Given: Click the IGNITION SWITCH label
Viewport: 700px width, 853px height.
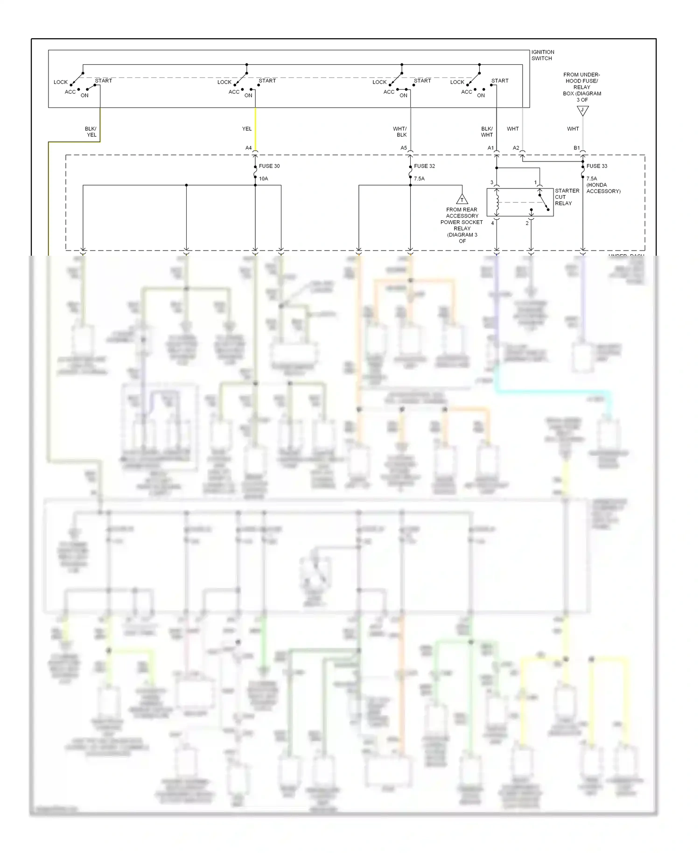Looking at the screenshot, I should click(x=542, y=55).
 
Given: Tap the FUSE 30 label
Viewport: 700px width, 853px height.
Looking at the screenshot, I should click(x=269, y=166).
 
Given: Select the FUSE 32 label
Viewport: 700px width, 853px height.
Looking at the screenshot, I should click(x=424, y=166).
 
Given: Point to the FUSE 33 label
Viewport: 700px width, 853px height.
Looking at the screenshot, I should click(x=597, y=166).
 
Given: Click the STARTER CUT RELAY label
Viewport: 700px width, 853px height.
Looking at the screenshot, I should click(x=567, y=197).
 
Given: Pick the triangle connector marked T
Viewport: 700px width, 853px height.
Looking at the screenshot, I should click(x=462, y=199).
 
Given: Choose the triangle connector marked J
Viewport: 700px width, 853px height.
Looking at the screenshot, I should click(x=582, y=111).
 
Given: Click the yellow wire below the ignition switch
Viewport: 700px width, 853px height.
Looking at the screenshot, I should click(x=255, y=128).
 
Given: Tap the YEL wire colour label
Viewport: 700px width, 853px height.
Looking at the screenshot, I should click(x=247, y=129).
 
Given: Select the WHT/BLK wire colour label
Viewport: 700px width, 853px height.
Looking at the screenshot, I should click(x=400, y=132).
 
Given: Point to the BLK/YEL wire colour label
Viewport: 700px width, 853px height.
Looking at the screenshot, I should click(x=91, y=132).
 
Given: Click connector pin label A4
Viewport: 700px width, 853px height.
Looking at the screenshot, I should click(x=248, y=148).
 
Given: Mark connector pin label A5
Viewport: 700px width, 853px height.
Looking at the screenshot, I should click(x=404, y=148).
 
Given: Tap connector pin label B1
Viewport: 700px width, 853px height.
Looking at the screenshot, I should click(x=577, y=148).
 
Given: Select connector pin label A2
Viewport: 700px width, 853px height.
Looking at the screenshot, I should click(x=516, y=148).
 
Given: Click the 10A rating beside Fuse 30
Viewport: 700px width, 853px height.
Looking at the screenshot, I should click(x=264, y=179).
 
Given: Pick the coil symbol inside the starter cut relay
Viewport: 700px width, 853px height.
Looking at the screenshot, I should click(x=497, y=202).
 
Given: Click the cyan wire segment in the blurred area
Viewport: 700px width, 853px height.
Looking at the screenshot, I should click(x=551, y=391).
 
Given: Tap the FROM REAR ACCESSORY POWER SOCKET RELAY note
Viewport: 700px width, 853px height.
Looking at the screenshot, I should click(x=462, y=225).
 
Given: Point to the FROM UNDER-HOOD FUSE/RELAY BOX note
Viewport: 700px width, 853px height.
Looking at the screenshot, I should click(x=582, y=87).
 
